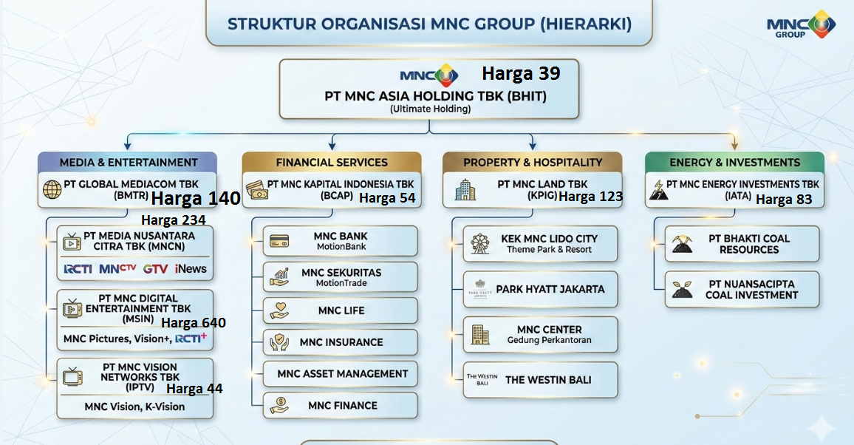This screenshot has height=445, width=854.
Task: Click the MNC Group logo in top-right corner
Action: pyautogui.click(x=801, y=24)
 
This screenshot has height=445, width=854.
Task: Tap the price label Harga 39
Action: pyautogui.click(x=521, y=73)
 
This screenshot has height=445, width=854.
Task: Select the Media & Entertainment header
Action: pyautogui.click(x=128, y=163)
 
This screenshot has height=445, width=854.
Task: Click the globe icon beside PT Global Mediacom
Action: pyautogui.click(x=52, y=189)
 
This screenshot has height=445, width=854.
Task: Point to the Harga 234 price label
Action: pyautogui.click(x=173, y=220)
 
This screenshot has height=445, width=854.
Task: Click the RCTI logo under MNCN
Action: pyautogui.click(x=78, y=269)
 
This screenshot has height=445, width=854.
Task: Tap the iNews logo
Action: pyautogui.click(x=191, y=268)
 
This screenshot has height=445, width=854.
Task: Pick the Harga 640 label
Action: pyautogui.click(x=194, y=323)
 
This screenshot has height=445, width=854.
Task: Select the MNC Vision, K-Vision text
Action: pyautogui.click(x=134, y=407)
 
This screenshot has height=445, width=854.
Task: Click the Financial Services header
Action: pyautogui.click(x=332, y=163)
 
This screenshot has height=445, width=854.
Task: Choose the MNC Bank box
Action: pyautogui.click(x=341, y=241)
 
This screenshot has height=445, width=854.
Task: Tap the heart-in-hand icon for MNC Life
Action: pyautogui.click(x=279, y=310)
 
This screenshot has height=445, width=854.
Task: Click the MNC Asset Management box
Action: pyautogui.click(x=341, y=373)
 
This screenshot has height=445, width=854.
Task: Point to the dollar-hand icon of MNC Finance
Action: pyautogui.click(x=279, y=405)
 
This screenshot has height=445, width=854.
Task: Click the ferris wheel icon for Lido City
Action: pyautogui.click(x=480, y=244)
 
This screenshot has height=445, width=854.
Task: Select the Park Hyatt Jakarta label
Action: pyautogui.click(x=550, y=289)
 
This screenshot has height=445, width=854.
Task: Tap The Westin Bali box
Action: pyautogui.click(x=540, y=380)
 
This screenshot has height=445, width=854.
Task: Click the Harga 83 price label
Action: pyautogui.click(x=784, y=200)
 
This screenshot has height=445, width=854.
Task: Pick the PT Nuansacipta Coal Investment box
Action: pyautogui.click(x=742, y=289)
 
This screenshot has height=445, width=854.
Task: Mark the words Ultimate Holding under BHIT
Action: pyautogui.click(x=430, y=109)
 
